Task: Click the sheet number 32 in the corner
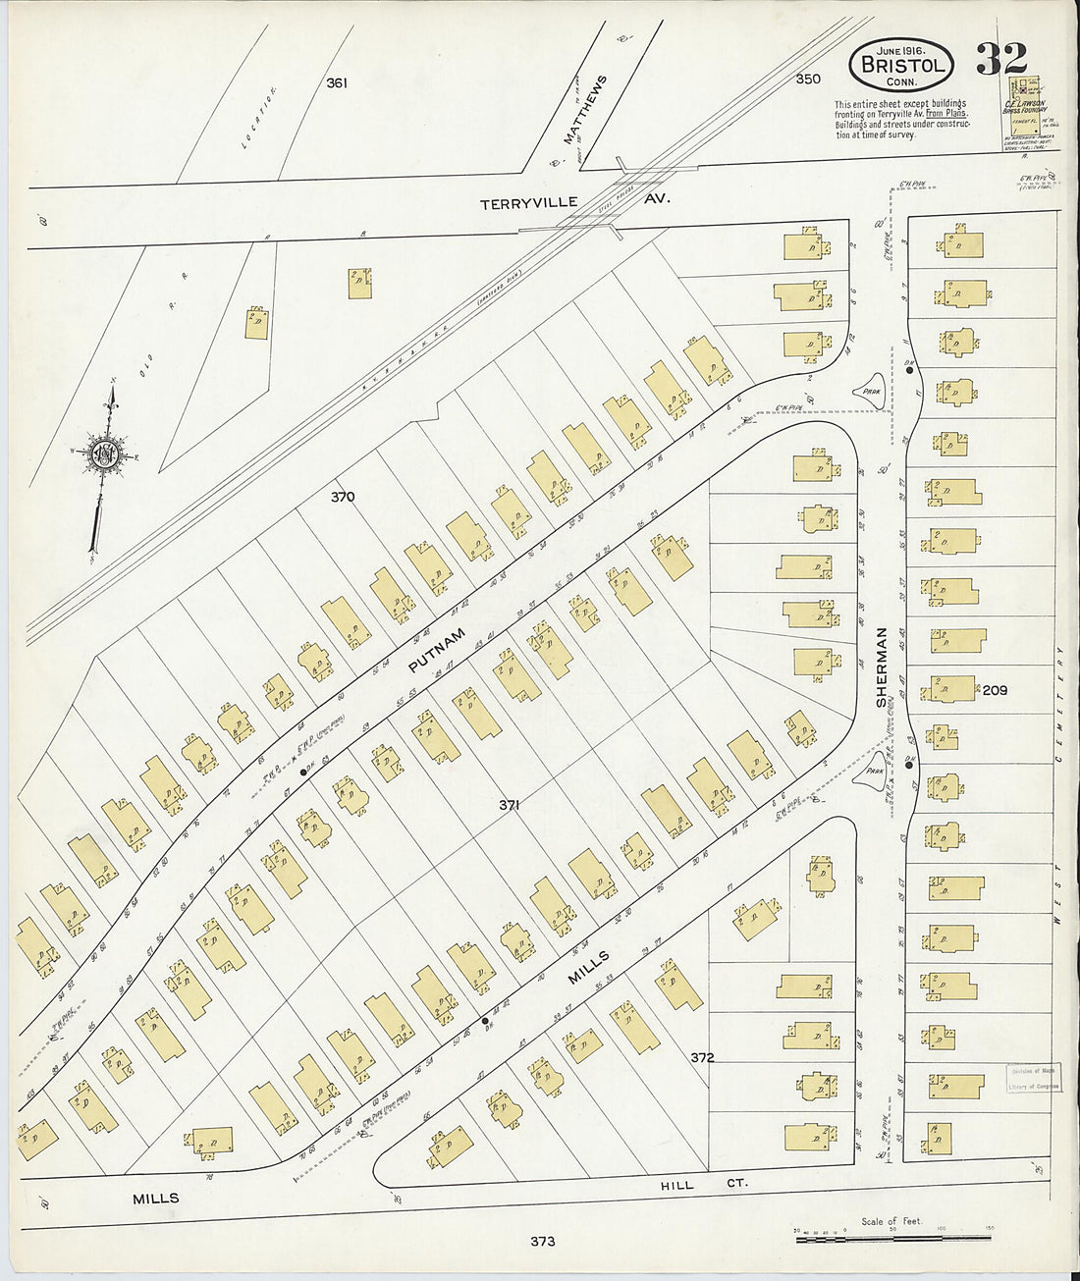[1000, 60]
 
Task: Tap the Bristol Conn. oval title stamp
[900, 63]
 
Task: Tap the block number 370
[342, 497]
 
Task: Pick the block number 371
[508, 805]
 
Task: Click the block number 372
[701, 1057]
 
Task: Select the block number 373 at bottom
[542, 1241]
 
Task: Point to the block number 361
[337, 83]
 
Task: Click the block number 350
[807, 79]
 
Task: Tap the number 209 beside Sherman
[995, 690]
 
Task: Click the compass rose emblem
[102, 454]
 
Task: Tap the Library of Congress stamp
[1032, 1079]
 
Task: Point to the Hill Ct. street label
[704, 1185]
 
